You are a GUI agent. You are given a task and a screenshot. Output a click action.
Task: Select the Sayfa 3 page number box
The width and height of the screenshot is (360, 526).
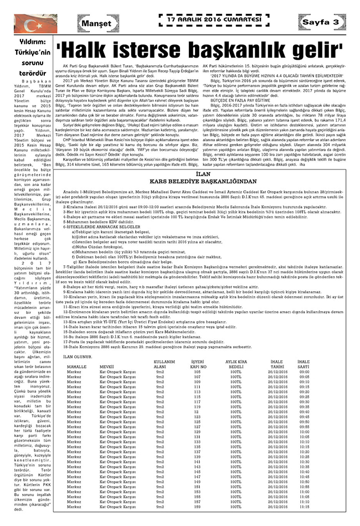tap(320, 22)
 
